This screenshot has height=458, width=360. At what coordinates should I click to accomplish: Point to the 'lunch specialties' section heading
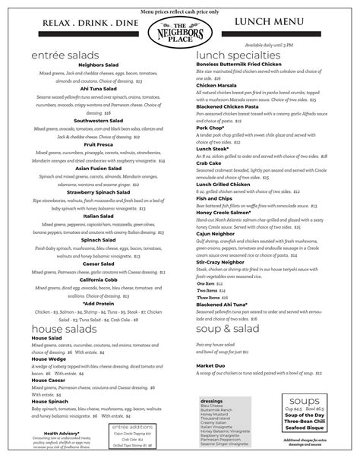(238, 56)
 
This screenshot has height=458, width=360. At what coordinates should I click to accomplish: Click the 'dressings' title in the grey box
(213, 400)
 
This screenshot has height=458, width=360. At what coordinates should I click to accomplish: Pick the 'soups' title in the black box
(302, 400)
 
